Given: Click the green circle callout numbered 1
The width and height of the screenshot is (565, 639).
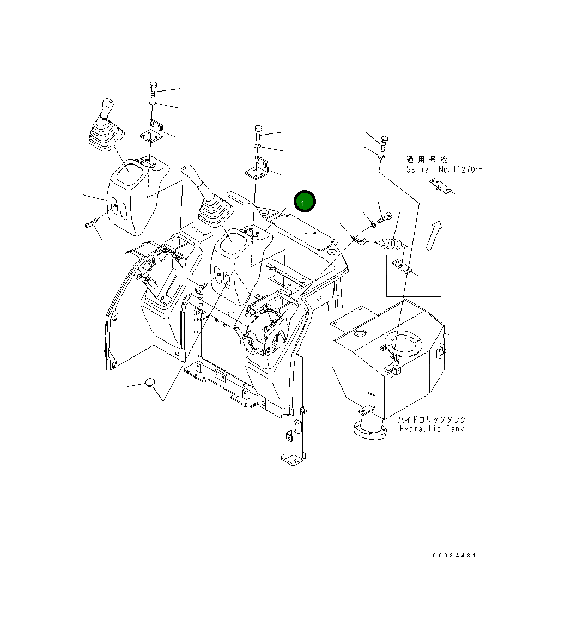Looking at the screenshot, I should coord(305,202).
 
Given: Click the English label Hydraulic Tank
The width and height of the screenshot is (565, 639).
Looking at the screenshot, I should coord(432,429).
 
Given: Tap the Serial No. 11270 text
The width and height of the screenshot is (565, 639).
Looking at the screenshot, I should coord(444,169).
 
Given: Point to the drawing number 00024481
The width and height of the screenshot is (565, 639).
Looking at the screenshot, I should coord(454,556).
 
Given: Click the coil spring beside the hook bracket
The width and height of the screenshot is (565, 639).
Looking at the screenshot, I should coord(392,245).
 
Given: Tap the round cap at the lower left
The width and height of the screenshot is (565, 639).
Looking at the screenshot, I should coord(150,382).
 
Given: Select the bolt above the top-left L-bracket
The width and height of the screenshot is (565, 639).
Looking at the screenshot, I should coord(153,89).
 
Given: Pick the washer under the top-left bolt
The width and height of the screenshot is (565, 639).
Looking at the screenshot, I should coord(153,103).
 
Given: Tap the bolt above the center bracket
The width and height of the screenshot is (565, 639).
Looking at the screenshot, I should coord(258,132).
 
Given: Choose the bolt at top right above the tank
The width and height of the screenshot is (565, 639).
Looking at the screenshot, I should coord(384,143).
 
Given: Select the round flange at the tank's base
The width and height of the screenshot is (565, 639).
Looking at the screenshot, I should coord(369,428).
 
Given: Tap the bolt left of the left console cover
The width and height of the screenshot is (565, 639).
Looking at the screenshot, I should coord(91,223).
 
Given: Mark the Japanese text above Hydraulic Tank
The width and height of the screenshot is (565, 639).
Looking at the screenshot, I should coord(432,419).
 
